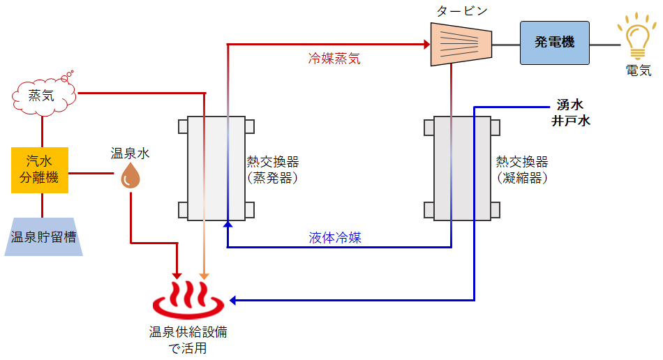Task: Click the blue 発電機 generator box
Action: pos(554,43)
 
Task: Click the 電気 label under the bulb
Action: pos(638,70)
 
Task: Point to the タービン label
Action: pos(461,11)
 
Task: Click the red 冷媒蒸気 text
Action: pos(335,59)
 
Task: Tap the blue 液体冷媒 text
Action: pos(335,237)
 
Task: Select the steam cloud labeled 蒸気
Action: pos(43,95)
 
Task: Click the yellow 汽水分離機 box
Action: pos(39,170)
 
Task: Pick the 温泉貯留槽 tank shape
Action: pos(43,237)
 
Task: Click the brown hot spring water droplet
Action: pos(131,176)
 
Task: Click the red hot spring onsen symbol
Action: pos(189,301)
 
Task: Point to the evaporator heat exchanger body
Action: pos(216,168)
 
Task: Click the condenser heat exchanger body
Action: pos(462,168)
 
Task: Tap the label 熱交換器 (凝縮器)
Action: pos(522,170)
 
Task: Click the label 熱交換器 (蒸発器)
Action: pos(273,170)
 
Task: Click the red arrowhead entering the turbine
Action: pos(426,45)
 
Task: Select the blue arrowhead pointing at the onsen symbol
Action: pos(234,300)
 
